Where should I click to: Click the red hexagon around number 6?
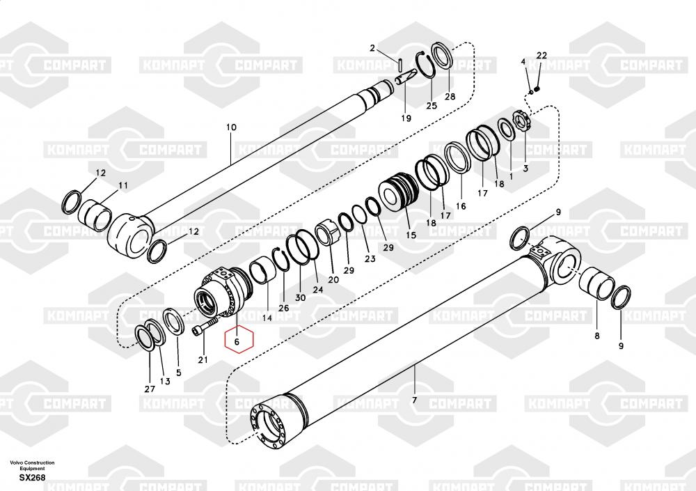[x=237, y=341]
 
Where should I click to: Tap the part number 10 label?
[x=231, y=127]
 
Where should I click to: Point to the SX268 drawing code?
[x=33, y=478]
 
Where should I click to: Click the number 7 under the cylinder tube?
[x=414, y=400]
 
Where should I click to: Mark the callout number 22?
[x=541, y=56]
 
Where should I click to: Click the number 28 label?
[x=450, y=96]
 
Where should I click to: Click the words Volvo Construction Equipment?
[x=32, y=465]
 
